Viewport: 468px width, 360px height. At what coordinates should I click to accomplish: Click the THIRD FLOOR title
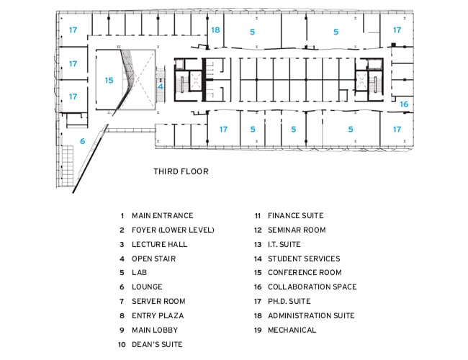tap(181, 171)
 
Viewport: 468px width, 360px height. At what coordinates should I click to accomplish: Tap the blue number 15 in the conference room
tap(109, 80)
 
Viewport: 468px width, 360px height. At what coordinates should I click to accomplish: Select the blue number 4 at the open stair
tap(161, 86)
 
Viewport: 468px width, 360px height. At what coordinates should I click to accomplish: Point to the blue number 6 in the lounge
tap(82, 141)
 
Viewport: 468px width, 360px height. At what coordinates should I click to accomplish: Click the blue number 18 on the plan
tap(215, 30)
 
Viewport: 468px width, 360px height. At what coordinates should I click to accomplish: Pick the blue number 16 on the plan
tap(404, 104)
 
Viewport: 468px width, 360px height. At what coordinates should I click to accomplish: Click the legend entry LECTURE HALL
tap(159, 244)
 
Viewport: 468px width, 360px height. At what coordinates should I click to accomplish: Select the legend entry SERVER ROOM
tap(158, 301)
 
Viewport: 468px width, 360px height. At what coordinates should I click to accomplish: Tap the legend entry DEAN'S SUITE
tap(157, 344)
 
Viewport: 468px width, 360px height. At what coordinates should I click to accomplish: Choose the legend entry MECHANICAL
tap(292, 330)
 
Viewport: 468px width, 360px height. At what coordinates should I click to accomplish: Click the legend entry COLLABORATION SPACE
tap(312, 287)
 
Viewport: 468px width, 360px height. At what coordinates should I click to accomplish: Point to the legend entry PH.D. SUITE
tap(289, 301)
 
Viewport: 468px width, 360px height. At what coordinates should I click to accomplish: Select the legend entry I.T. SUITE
tap(284, 244)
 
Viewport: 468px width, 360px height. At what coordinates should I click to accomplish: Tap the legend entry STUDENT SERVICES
tap(304, 258)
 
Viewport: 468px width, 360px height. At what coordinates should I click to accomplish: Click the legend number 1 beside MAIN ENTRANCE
tap(122, 215)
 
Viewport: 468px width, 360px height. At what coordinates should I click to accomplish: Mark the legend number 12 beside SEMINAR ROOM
tap(258, 230)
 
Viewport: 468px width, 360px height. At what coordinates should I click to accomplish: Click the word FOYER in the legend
tap(143, 230)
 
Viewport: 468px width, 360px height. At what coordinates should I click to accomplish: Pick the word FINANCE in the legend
tap(283, 215)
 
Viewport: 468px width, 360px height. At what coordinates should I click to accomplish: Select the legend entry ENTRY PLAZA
tap(158, 315)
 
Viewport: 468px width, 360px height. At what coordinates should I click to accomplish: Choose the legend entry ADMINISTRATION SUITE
tap(311, 315)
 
